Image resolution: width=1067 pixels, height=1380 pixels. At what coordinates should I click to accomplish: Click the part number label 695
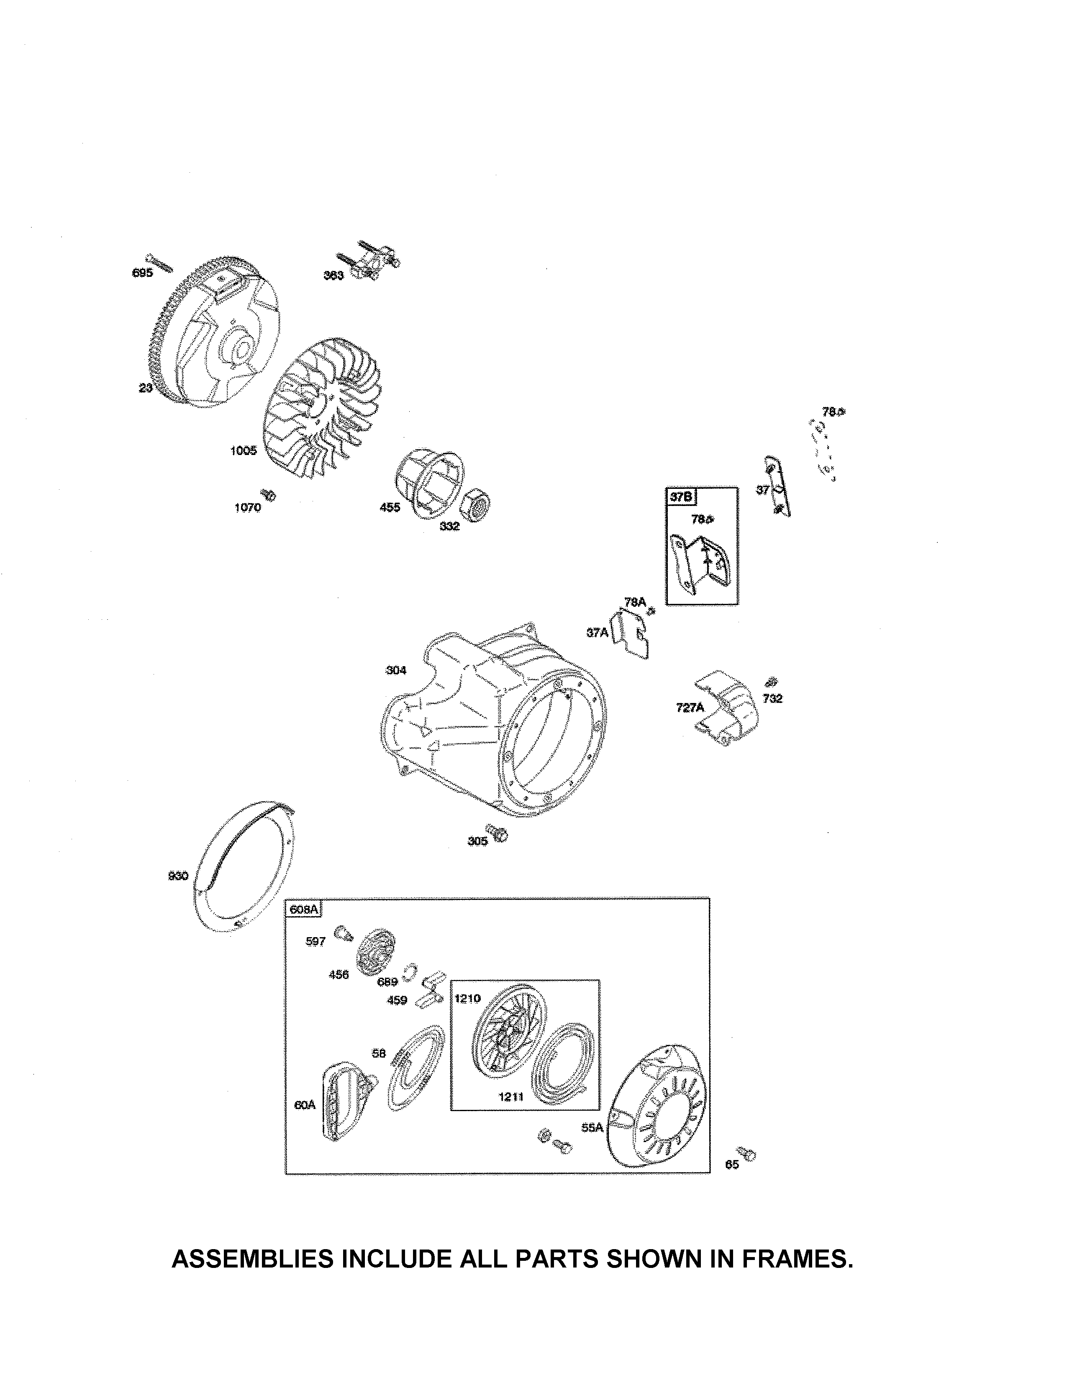coord(142,273)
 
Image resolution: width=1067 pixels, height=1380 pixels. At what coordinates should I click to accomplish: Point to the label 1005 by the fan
coord(244,450)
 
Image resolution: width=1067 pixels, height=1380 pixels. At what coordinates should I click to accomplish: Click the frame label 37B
coord(681,497)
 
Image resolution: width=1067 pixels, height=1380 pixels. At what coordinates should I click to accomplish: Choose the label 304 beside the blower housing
coord(396,670)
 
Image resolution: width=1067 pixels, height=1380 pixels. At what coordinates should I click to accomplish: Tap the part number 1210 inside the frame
coord(468,998)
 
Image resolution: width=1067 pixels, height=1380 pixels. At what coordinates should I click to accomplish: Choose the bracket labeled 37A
coord(632,635)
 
